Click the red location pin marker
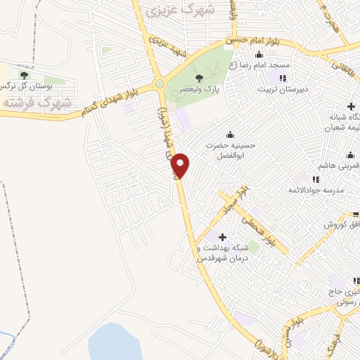181,165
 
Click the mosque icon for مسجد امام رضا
259,55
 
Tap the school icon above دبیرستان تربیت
283,78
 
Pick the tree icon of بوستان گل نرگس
24,75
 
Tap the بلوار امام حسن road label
256,41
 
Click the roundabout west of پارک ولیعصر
160,84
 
